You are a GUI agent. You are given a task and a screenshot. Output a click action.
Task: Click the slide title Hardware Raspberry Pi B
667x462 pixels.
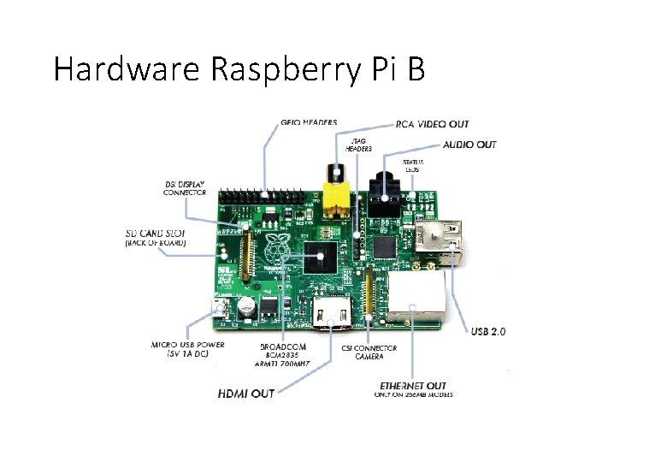click(x=239, y=68)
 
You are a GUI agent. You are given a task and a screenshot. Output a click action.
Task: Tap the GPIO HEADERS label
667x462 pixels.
click(x=309, y=123)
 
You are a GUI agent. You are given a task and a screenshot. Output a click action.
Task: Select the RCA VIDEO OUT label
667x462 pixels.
click(x=432, y=125)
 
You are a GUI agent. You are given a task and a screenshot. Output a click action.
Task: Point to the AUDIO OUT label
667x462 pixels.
click(x=469, y=145)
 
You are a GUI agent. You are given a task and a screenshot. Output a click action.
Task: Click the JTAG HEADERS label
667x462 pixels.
click(x=358, y=143)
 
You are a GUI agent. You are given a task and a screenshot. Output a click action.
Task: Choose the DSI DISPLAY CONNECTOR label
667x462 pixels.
click(x=184, y=188)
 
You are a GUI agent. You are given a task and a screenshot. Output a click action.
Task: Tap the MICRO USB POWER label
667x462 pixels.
click(x=188, y=349)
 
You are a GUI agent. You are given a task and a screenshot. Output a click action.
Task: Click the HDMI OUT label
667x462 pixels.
click(x=245, y=394)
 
